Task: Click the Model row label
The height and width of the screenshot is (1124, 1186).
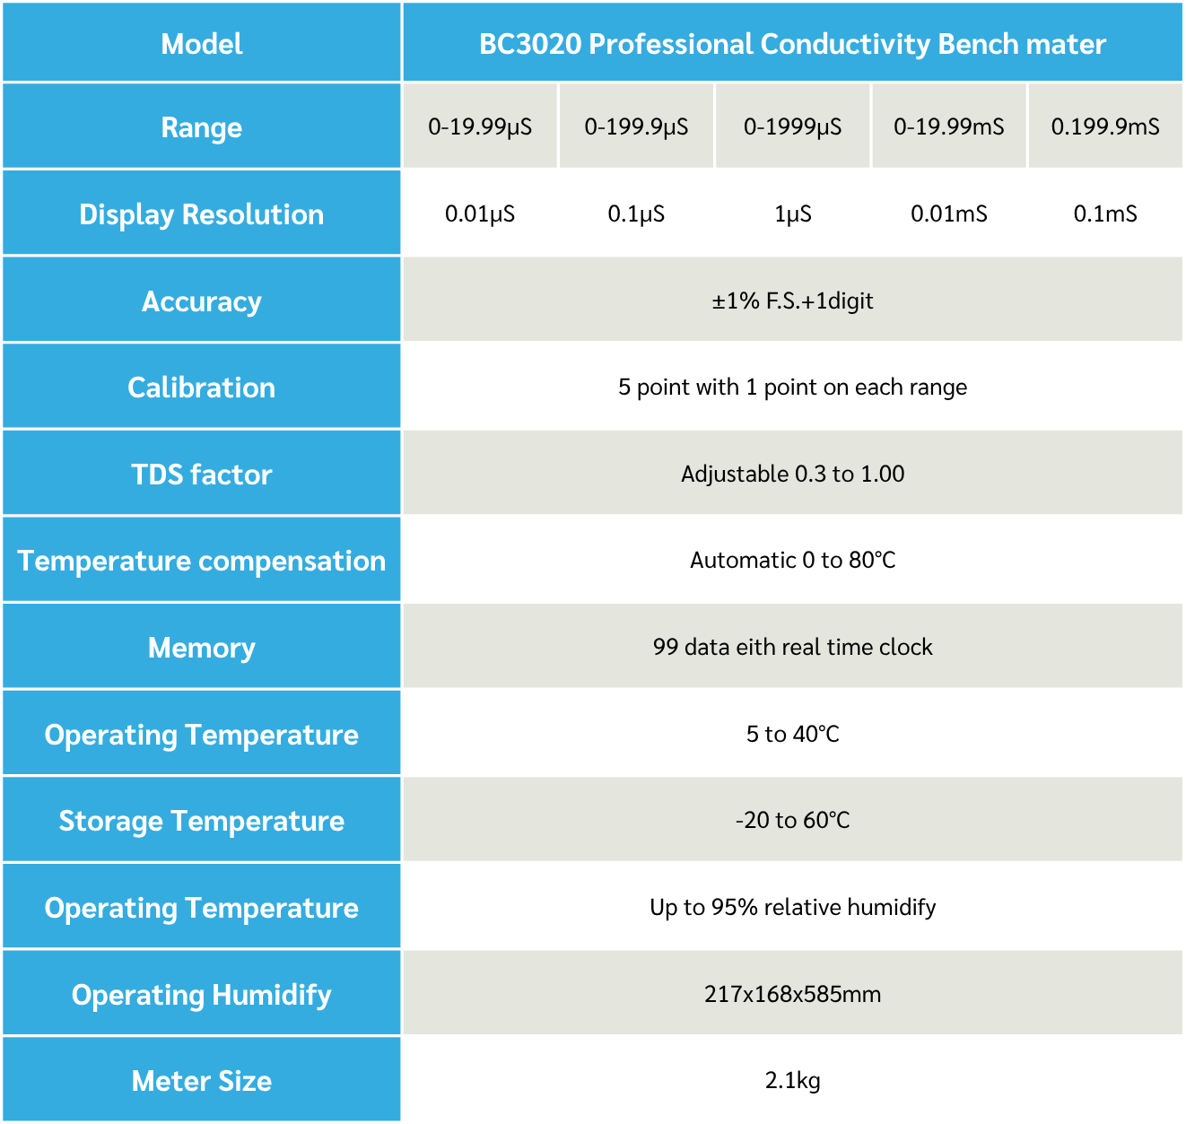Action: pos(202,44)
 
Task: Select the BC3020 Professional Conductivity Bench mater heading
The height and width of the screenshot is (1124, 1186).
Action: pos(792,44)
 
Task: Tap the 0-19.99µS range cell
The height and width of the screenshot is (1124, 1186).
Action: pos(480,126)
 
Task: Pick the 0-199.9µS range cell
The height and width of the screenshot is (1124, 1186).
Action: pos(636,126)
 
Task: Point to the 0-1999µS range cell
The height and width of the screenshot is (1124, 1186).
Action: pos(792,126)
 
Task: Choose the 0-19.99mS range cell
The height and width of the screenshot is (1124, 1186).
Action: pos(948,126)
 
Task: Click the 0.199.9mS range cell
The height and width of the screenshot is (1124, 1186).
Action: pos(1104,126)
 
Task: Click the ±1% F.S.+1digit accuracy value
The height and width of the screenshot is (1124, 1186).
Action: pos(792,301)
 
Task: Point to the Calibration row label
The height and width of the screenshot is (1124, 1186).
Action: pos(202,388)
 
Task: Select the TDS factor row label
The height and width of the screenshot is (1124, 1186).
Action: pos(202,475)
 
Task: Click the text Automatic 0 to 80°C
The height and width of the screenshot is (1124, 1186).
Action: pos(792,561)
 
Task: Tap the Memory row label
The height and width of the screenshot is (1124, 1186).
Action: pos(202,648)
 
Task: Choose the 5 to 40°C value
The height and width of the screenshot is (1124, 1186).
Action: pos(792,735)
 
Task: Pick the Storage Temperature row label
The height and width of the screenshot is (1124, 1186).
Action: pos(202,821)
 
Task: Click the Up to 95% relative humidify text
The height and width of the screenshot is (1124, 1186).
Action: pos(792,908)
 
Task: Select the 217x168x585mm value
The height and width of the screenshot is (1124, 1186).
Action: pos(792,994)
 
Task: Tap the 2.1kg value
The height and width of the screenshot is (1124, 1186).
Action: pos(792,1081)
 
